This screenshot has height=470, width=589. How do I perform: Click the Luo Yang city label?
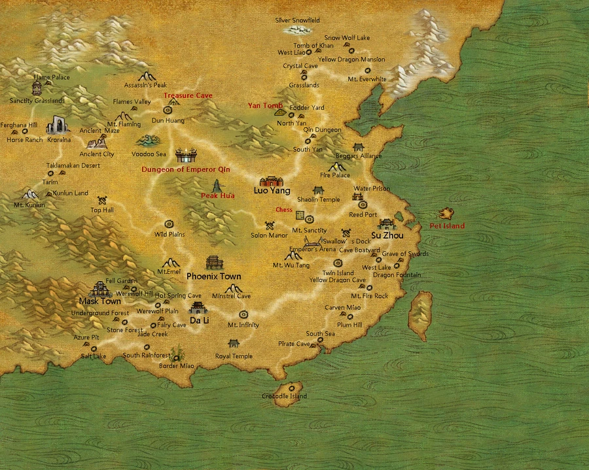coord(272,191)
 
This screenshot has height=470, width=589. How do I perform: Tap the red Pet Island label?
coord(447,226)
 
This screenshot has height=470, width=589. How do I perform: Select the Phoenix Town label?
coord(213,277)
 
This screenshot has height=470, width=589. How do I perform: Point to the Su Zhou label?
coord(387,235)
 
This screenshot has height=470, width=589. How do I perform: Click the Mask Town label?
coord(99,301)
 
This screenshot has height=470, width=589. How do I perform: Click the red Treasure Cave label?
coord(188,95)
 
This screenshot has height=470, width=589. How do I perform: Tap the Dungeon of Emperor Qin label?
coord(186,169)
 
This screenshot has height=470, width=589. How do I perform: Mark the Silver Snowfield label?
coord(298,20)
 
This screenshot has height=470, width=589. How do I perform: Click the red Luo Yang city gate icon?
coord(270,181)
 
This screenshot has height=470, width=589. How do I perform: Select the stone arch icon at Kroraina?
coord(58,124)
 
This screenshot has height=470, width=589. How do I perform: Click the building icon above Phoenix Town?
coord(214,263)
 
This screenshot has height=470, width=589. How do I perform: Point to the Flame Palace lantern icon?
coord(37,87)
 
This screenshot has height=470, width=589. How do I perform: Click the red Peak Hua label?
coord(217,195)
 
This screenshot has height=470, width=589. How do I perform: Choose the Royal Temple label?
coord(234,356)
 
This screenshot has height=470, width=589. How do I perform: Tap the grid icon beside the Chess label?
coord(300,214)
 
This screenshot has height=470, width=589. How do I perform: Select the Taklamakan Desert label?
coord(73,166)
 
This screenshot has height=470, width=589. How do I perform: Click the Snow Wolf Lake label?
coord(347,38)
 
